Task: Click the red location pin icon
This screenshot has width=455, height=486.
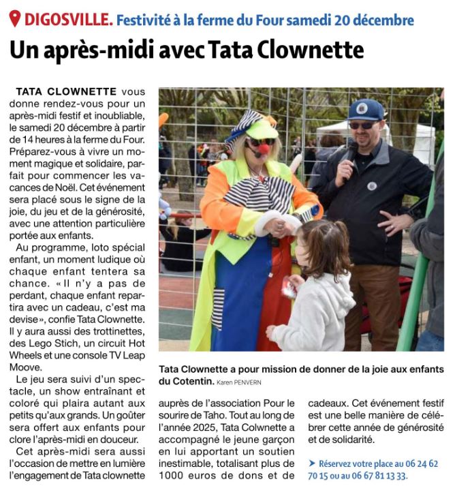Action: coord(14,18)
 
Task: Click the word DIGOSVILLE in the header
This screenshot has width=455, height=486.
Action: coord(67,19)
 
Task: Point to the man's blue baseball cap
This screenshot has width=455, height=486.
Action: coord(366,109)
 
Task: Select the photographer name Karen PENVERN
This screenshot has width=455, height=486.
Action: coord(239,382)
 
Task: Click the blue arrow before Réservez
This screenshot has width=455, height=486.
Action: coord(312,463)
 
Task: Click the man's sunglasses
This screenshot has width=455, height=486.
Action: coord(362,125)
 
